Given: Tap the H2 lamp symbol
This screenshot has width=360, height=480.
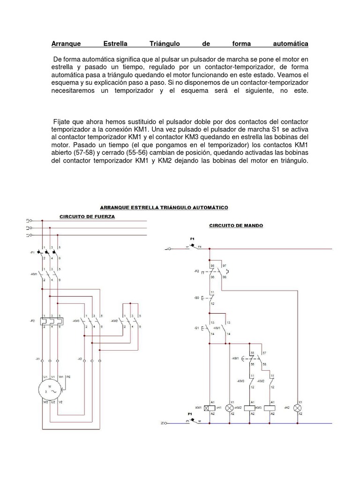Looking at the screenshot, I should tap(296, 408).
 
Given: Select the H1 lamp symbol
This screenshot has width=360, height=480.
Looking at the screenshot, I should tap(230, 408).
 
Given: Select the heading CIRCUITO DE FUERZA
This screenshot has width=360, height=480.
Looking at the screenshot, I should tap(87, 216).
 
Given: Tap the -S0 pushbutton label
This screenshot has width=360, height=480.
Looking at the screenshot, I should tap(195, 298).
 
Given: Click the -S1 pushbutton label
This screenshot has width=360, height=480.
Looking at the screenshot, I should tap(195, 327).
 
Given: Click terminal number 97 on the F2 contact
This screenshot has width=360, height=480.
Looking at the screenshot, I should tap(224, 266).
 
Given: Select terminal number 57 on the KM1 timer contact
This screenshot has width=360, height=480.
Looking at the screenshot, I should tap(265, 352).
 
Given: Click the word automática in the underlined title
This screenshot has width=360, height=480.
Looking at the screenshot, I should tap(290, 44).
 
